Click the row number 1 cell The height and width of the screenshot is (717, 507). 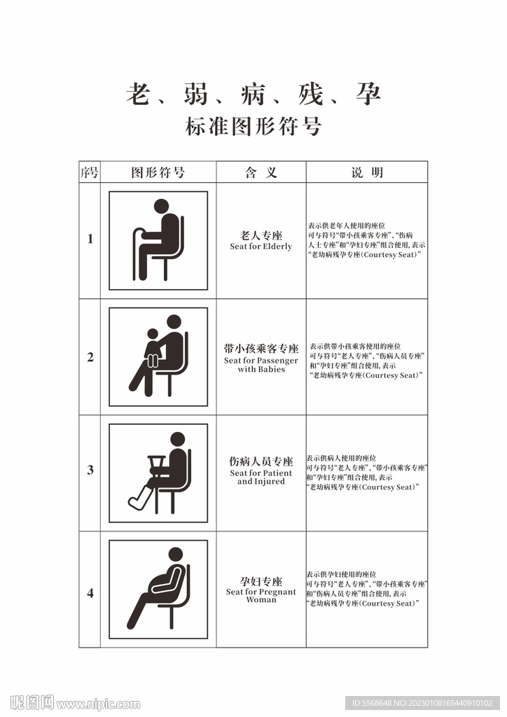90,239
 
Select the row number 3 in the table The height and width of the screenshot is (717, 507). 90,470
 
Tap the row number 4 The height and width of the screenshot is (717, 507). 90,593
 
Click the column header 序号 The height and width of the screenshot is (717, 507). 90,172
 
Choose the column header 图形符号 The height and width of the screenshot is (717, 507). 158,172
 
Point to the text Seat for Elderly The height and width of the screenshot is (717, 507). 261,246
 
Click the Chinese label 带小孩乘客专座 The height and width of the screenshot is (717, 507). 261,349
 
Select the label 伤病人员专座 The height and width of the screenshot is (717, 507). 261,461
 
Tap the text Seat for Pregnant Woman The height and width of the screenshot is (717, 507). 261,595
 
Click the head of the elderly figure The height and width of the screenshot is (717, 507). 161,207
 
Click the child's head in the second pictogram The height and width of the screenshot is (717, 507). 153,334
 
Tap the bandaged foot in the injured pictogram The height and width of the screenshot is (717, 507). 139,499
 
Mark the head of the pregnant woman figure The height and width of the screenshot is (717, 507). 176,555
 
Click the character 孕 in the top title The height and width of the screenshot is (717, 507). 368,95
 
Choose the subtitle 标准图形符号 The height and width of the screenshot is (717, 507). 253,127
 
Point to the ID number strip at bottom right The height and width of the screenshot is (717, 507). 422,703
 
